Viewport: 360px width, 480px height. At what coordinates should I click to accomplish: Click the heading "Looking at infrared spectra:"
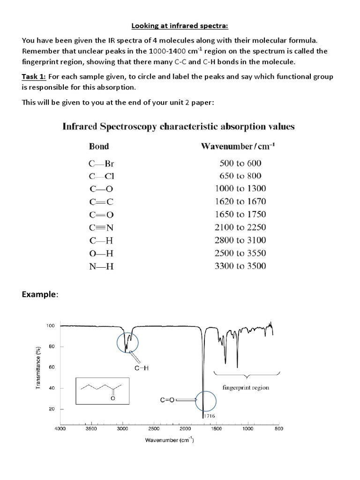(180, 24)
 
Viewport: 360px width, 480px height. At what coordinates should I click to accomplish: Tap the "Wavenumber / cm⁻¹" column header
(238, 146)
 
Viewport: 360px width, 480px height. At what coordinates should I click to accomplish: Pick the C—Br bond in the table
(102, 164)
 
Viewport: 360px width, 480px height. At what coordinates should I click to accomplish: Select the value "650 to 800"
(240, 176)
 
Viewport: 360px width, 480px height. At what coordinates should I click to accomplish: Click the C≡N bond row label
(102, 227)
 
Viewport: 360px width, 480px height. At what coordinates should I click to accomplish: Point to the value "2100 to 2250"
(240, 227)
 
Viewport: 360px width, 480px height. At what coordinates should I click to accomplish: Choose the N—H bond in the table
(102, 266)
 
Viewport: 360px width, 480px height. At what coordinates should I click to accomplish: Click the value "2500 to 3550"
(240, 253)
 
